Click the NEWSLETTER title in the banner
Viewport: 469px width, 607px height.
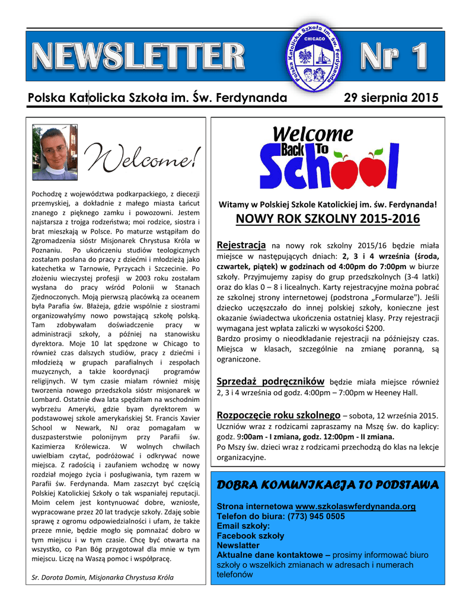point(138,57)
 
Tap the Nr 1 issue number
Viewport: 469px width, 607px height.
point(393,57)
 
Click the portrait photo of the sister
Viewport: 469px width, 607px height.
point(55,152)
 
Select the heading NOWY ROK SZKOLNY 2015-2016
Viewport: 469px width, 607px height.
point(327,219)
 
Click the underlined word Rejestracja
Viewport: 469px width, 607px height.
point(241,245)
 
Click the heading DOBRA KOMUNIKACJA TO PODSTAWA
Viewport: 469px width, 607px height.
point(327,485)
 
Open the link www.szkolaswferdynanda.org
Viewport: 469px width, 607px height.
point(355,507)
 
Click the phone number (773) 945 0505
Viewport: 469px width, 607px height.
point(317,516)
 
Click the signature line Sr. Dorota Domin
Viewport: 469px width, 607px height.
point(102,577)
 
